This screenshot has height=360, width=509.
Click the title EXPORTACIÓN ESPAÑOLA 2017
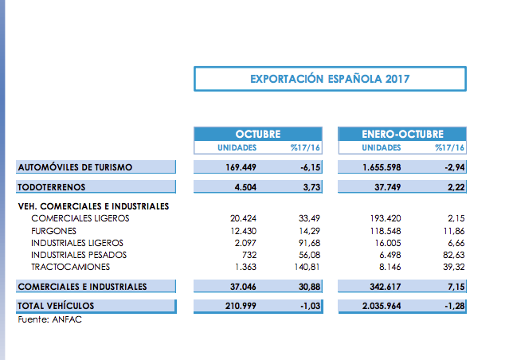point(330,79)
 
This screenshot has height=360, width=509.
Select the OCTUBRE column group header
point(257,134)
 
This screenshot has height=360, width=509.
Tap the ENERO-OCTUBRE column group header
point(402,134)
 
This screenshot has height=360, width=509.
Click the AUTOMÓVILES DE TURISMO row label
point(76,167)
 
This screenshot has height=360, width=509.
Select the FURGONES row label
point(54,230)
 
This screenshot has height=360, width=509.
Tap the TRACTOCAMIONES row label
point(70,266)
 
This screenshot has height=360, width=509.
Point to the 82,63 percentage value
point(452,254)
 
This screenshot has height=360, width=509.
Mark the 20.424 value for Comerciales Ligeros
point(240,218)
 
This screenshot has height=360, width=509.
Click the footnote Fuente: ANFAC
point(49,319)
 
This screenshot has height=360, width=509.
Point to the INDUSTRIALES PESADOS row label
point(79,254)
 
